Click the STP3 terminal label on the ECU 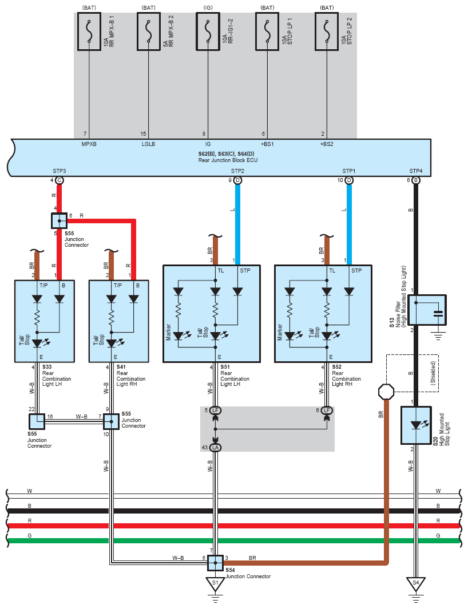(x=59, y=171)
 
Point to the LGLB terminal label (x=148, y=144)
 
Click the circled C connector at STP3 (x=59, y=180)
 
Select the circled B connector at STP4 (x=416, y=180)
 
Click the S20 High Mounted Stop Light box (x=416, y=425)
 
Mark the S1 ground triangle (x=215, y=585)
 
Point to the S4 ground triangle (x=416, y=585)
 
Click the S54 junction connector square (x=215, y=563)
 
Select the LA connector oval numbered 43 (x=215, y=447)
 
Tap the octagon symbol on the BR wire (x=387, y=392)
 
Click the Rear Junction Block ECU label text (x=221, y=159)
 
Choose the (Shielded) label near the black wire (x=434, y=373)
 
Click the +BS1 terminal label (x=267, y=144)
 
